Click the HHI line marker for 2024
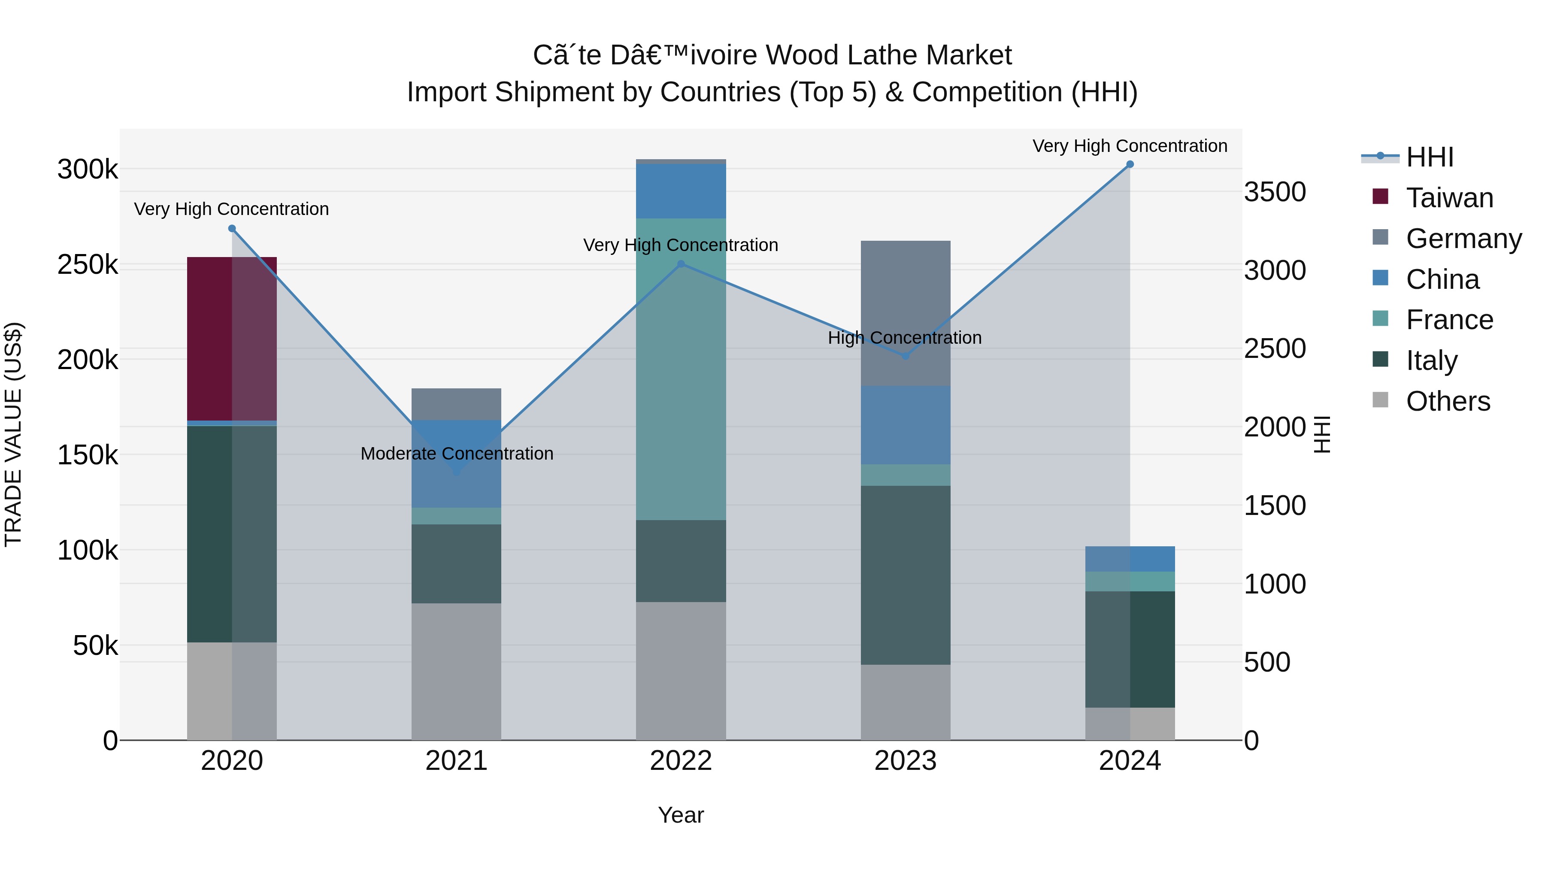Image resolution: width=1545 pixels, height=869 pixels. tap(1130, 164)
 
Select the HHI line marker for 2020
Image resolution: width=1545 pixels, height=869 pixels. tap(232, 228)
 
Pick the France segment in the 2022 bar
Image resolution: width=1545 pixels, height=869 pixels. tap(681, 369)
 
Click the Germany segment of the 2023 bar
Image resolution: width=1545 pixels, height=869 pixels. tap(906, 313)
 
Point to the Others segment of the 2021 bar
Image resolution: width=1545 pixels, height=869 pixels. tap(457, 671)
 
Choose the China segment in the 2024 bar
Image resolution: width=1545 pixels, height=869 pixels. tap(1130, 559)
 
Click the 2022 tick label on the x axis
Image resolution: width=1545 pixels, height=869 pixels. tap(681, 761)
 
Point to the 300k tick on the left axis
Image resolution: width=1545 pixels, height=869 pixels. tap(88, 170)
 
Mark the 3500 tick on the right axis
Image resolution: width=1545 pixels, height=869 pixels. tap(1275, 193)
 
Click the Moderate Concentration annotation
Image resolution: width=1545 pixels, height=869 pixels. tap(457, 454)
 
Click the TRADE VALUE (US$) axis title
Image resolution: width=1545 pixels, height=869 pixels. tap(13, 434)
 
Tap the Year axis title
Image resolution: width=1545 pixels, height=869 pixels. tap(681, 815)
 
